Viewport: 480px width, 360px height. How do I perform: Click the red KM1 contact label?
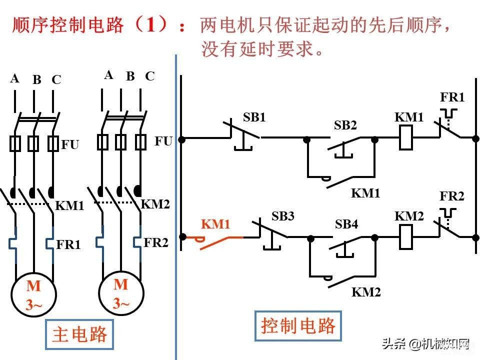pos(215,224)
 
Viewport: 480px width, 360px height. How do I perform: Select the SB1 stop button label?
pos(254,117)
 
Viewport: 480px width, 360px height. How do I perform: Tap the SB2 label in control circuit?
pos(345,125)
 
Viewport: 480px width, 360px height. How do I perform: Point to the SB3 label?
pos(282,216)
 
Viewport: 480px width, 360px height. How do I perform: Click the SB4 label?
pos(346,224)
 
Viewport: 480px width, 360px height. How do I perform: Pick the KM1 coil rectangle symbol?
pos(406,138)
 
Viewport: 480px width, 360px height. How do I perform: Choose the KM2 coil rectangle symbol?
pos(406,237)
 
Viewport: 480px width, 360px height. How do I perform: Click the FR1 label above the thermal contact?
pos(452,97)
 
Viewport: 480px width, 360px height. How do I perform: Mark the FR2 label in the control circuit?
pos(452,196)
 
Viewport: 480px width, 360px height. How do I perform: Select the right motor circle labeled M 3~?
pos(121,293)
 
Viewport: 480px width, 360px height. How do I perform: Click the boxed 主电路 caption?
pos(79,334)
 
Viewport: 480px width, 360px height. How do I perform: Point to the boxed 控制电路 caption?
pos(298,325)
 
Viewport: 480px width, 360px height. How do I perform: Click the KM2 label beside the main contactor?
pos(155,204)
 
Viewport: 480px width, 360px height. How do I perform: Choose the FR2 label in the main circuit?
pos(156,243)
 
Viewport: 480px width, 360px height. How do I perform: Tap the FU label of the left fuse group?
pos(70,144)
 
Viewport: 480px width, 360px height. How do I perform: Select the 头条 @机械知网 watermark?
pos(426,344)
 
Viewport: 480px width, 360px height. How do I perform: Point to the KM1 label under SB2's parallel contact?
pos(365,193)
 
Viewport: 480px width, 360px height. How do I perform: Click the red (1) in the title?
pos(149,24)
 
